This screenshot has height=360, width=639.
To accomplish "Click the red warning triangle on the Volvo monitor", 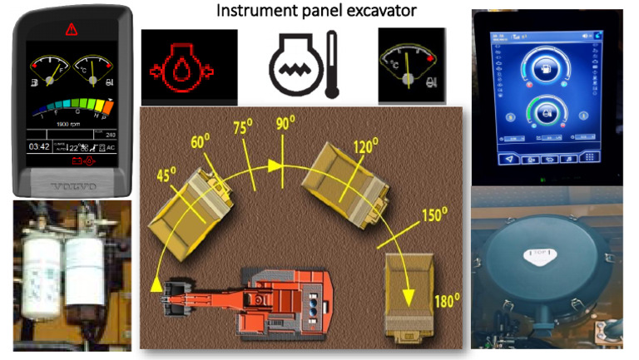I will [71, 28].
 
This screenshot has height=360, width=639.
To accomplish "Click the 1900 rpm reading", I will [69, 123].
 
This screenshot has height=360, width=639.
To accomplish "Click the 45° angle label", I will [169, 176].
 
